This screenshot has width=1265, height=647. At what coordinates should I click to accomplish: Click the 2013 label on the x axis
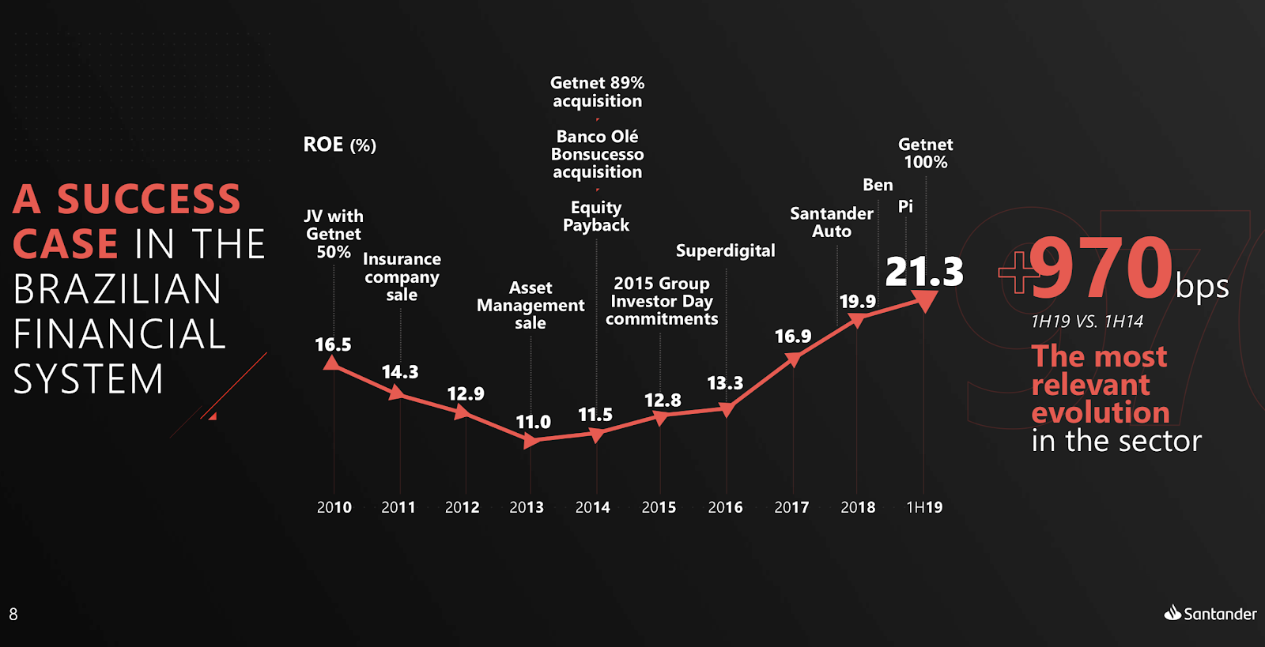pos(527,507)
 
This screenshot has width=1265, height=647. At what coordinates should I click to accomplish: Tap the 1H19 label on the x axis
pos(924,507)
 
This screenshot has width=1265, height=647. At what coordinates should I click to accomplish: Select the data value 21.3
pos(924,272)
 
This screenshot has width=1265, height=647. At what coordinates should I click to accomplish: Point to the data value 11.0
pos(533,423)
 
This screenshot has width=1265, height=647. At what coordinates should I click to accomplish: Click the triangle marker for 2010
pos(333,363)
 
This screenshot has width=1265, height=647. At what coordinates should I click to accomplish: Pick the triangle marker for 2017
pos(794,359)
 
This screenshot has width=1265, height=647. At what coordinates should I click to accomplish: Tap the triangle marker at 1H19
pos(924,300)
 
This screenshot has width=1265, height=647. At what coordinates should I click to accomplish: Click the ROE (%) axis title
pos(340,145)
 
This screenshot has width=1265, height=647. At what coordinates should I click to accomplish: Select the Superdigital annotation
pos(725,251)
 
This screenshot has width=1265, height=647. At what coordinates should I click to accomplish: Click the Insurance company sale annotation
pos(402,276)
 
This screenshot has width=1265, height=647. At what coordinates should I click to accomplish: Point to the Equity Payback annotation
pos(596,216)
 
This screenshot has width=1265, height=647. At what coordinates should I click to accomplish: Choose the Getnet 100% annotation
pos(925,153)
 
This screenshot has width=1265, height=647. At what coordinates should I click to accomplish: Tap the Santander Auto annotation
pos(832,222)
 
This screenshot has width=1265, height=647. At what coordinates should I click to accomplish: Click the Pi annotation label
pos(905,206)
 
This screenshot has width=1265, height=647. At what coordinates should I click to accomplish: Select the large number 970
pos(1101,269)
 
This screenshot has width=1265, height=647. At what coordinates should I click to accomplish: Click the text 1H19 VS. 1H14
pos(1086,322)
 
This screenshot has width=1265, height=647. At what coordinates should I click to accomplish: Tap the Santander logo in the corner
pos(1210,614)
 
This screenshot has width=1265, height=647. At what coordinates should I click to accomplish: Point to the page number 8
pos(13,614)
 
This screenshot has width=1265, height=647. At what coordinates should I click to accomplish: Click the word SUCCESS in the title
pos(149,199)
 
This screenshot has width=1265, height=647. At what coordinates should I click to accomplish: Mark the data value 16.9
pos(792,337)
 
